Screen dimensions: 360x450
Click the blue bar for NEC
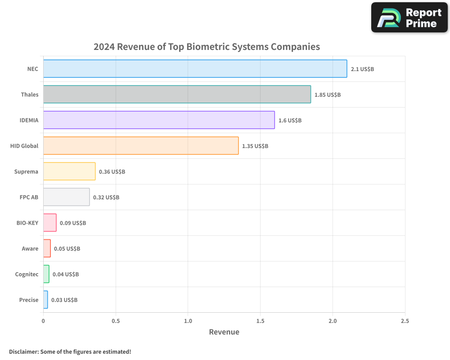pyautogui.click(x=195, y=69)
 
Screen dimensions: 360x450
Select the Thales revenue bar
pyautogui.click(x=177, y=94)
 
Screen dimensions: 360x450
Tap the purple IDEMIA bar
pyautogui.click(x=159, y=120)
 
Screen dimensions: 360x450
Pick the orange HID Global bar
pyautogui.click(x=141, y=146)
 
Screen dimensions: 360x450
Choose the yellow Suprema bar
pyautogui.click(x=69, y=171)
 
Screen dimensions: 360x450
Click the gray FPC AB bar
pyautogui.click(x=66, y=197)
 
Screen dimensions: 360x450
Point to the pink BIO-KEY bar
pyautogui.click(x=49, y=223)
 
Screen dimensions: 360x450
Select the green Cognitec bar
pyautogui.click(x=46, y=274)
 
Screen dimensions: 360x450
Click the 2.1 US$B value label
pyautogui.click(x=362, y=69)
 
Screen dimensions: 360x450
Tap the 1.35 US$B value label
pyautogui.click(x=255, y=146)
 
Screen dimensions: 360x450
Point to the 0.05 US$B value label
pyautogui.click(x=67, y=248)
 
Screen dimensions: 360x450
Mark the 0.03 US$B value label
pyautogui.click(x=64, y=300)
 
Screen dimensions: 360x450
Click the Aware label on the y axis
pyautogui.click(x=30, y=248)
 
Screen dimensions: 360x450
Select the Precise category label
pyautogui.click(x=29, y=300)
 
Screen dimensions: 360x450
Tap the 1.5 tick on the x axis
pyautogui.click(x=260, y=321)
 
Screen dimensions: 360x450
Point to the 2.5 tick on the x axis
pyautogui.click(x=405, y=321)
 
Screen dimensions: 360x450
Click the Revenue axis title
pyautogui.click(x=224, y=332)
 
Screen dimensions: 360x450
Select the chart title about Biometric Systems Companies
pyautogui.click(x=207, y=47)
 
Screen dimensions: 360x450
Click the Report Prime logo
pyautogui.click(x=409, y=18)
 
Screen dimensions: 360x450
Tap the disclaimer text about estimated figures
pyautogui.click(x=70, y=351)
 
